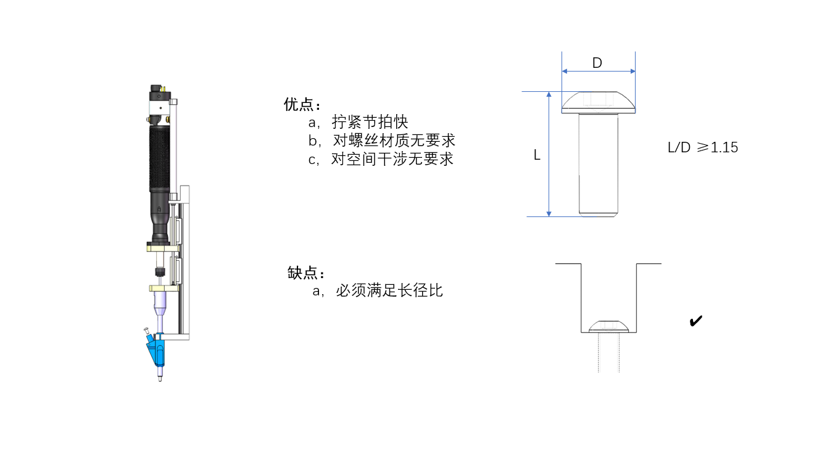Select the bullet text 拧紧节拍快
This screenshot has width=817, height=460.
pos(370,121)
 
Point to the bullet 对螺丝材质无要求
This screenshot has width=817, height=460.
pos(393,140)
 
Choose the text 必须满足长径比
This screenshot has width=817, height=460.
pos(389,290)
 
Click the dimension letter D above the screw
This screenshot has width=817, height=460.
pos(597,63)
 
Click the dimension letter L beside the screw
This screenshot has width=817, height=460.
pos(537,155)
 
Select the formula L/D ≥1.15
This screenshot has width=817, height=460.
pos(703,148)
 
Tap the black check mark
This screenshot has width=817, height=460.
pos(695,321)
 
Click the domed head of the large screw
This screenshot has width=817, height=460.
pos(598,101)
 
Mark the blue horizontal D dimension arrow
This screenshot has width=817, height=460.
pos(598,72)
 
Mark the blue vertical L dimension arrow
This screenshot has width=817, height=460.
pos(549,154)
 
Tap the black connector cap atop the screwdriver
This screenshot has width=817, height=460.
pos(158,96)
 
